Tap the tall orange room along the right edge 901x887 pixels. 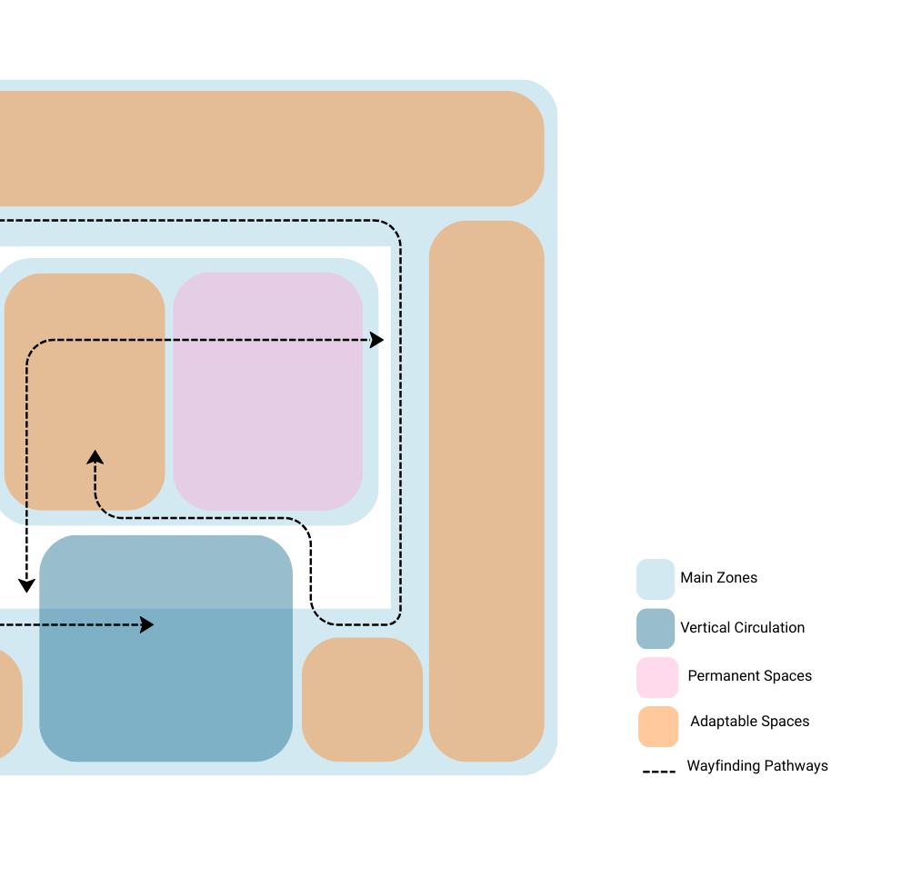point(486,491)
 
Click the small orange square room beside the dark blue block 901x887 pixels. point(362,699)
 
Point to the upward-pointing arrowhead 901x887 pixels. point(95,456)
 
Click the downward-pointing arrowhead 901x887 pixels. point(26,584)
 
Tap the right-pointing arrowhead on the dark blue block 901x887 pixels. point(146,625)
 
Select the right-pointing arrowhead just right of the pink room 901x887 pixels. point(376,340)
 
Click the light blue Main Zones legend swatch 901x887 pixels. point(655,579)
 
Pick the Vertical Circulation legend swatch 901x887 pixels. point(655,628)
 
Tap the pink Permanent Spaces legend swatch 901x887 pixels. point(656,677)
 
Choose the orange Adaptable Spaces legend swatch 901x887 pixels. point(657,726)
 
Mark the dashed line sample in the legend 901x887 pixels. point(658,772)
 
